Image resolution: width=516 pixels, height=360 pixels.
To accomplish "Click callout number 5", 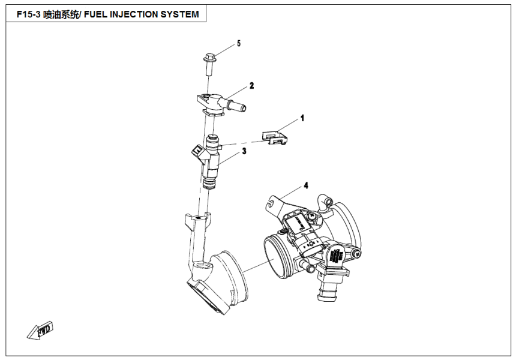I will [x=238, y=44].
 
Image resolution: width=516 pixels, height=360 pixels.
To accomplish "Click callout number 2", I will [x=252, y=86].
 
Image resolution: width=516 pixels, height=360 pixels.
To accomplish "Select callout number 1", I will [x=302, y=118].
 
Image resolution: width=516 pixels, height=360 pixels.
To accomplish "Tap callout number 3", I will [x=244, y=152].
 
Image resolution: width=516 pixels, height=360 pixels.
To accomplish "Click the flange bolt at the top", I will [x=209, y=64].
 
